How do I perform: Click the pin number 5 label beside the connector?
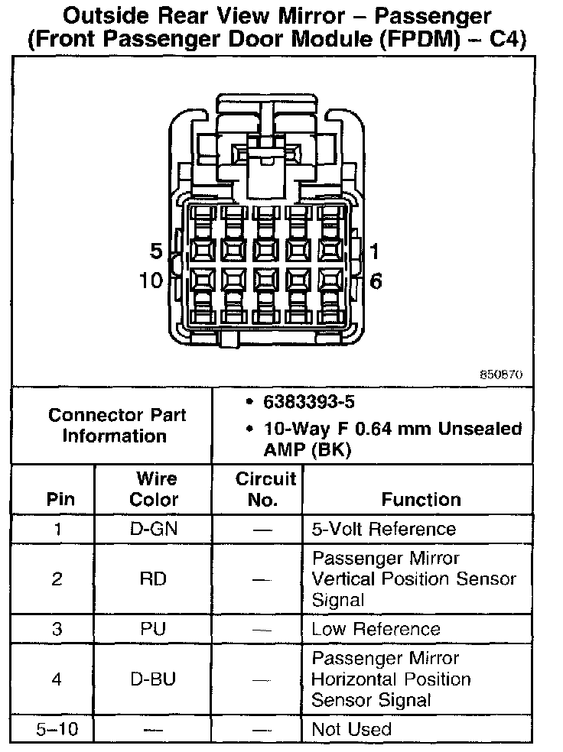tap(155, 252)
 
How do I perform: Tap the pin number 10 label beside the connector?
tap(151, 280)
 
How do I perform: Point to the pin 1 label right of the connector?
tap(375, 251)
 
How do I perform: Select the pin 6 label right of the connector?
tap(376, 280)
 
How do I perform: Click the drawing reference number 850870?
tap(501, 375)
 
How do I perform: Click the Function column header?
tap(421, 500)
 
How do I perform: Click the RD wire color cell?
tap(154, 579)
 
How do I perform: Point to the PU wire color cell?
tap(154, 629)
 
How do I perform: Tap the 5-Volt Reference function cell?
tap(383, 529)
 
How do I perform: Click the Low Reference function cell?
tap(376, 629)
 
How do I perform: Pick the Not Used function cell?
tap(351, 729)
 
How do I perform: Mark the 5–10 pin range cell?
tap(57, 729)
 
